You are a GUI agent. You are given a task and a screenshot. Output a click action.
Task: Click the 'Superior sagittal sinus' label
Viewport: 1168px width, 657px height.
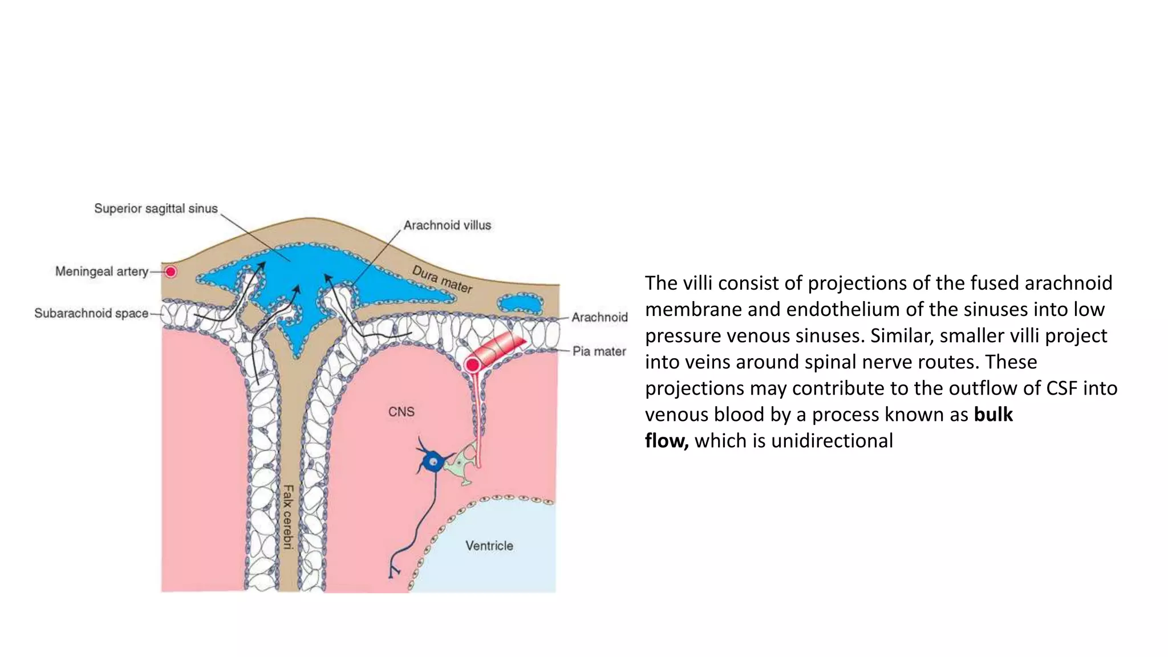click(x=156, y=209)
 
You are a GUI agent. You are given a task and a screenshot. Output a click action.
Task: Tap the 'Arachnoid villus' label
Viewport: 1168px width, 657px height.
click(x=447, y=225)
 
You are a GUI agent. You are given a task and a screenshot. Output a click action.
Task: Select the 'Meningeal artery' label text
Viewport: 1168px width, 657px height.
click(x=102, y=271)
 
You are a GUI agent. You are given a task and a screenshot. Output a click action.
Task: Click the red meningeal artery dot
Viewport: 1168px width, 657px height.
click(x=171, y=272)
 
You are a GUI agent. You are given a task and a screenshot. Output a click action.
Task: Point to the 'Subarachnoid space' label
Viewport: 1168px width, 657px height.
click(x=91, y=313)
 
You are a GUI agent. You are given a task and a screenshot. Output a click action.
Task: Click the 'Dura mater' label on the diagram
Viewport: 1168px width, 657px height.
click(x=442, y=279)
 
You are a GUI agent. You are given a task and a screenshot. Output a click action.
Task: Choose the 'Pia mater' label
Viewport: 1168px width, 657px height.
click(x=599, y=351)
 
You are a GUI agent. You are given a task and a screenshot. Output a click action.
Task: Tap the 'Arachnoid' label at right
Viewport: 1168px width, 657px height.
click(x=599, y=317)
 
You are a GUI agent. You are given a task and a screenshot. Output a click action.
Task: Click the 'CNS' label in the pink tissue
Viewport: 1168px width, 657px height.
click(x=401, y=412)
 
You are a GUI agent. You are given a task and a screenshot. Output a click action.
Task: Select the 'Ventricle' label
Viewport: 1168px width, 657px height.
click(x=489, y=546)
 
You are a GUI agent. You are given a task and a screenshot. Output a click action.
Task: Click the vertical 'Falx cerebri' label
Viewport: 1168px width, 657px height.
click(x=289, y=517)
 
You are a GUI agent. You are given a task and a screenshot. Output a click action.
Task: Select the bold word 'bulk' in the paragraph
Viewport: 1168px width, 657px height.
click(x=993, y=415)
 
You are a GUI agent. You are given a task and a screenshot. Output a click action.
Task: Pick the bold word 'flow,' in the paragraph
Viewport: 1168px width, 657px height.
click(x=666, y=441)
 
